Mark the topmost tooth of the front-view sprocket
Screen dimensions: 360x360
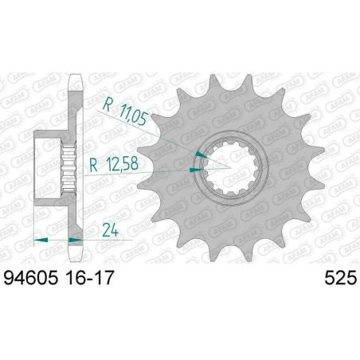coord(221,82)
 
